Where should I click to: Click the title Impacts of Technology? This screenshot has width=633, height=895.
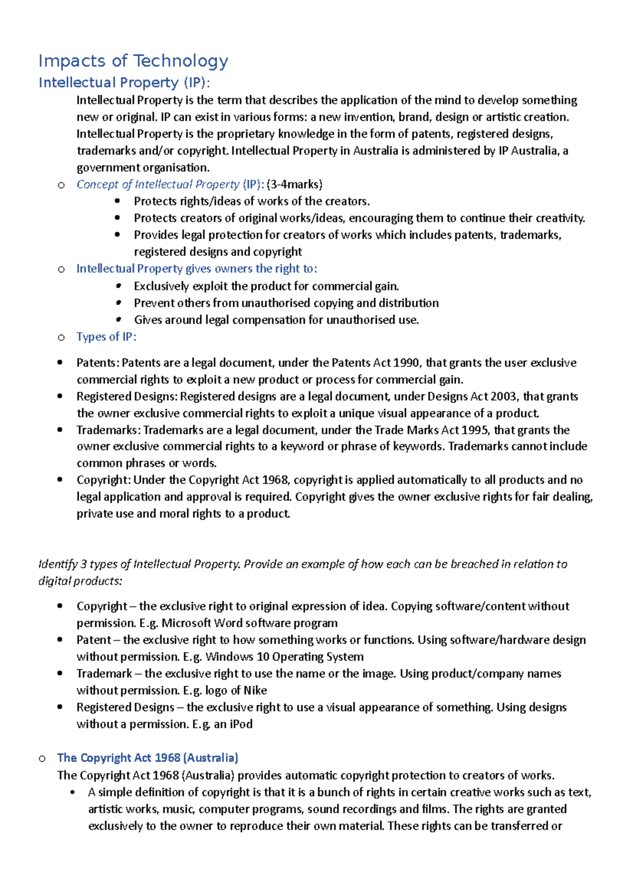tap(133, 61)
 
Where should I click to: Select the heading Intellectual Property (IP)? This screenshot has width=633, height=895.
tap(124, 83)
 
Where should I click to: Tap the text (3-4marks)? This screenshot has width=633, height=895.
tap(294, 184)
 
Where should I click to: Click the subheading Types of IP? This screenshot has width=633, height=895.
tap(106, 337)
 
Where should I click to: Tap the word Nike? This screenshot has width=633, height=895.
tap(255, 690)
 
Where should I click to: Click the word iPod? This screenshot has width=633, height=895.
tap(241, 724)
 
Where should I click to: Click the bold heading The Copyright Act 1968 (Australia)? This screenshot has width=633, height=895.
tap(148, 758)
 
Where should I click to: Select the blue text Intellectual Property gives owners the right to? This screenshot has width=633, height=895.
tap(197, 269)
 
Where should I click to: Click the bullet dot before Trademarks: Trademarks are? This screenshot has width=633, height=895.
tap(60, 430)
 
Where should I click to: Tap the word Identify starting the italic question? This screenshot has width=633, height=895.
tap(58, 564)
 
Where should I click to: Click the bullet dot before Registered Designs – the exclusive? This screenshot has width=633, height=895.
tap(60, 707)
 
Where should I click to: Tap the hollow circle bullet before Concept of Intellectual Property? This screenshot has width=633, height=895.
tap(61, 185)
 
